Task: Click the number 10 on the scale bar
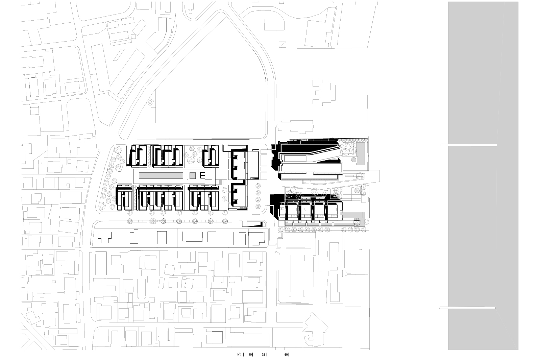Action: tap(250, 355)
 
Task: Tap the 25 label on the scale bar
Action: tap(264, 355)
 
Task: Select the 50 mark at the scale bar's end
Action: tap(286, 355)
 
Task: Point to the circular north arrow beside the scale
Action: tap(239, 355)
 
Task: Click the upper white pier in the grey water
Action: tap(469, 145)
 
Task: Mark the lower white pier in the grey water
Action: tap(468, 308)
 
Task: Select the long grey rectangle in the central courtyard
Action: tap(161, 175)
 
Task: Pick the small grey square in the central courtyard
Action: tap(192, 175)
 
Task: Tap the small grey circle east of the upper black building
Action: tap(353, 160)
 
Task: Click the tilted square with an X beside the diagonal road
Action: tap(150, 102)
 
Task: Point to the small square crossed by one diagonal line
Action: tap(282, 45)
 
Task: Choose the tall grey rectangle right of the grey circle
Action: tap(361, 153)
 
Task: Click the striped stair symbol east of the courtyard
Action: tap(222, 183)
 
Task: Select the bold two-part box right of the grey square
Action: tap(202, 175)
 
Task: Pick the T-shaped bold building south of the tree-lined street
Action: tap(105, 237)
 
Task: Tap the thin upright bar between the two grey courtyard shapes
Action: tap(187, 175)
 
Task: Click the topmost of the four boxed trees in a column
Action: tap(258, 186)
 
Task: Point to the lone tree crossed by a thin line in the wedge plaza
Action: tap(361, 176)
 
